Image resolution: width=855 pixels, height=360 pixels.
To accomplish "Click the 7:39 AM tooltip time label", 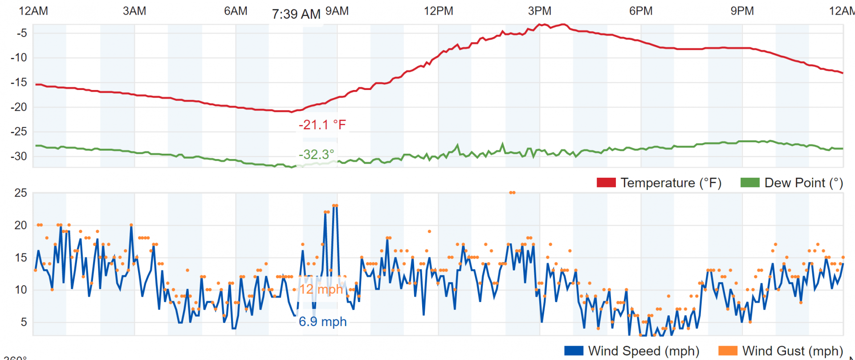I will click(296, 14).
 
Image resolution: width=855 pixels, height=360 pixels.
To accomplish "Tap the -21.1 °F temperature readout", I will click(322, 125).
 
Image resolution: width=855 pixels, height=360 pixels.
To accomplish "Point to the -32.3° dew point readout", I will click(316, 155).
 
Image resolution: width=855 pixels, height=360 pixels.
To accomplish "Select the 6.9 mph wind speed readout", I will click(322, 322).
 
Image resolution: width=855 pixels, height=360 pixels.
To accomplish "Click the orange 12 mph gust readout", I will click(321, 289).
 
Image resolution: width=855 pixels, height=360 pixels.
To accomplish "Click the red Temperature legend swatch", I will click(606, 183).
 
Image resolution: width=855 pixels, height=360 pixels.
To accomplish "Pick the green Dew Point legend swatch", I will click(750, 183).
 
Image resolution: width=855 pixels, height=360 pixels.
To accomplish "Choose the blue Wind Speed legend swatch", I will click(574, 351).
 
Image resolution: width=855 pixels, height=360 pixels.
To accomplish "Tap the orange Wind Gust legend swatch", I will click(728, 351).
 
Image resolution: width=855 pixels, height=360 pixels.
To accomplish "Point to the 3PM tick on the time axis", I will click(539, 11).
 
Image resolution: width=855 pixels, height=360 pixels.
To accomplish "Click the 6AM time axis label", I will click(236, 11).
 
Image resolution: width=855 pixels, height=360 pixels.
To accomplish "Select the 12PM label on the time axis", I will click(438, 11).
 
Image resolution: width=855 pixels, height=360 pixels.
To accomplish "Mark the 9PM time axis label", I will click(742, 11).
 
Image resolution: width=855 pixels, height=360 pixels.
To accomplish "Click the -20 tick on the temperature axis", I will click(19, 107).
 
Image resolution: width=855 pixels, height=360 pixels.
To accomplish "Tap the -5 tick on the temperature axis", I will click(21, 33).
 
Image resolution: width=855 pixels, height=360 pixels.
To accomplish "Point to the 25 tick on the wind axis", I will click(20, 193).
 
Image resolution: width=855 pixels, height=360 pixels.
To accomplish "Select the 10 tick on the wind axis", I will click(20, 290).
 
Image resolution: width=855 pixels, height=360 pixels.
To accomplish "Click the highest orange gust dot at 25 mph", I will click(512, 192).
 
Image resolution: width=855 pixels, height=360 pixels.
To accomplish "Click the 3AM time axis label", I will click(134, 11).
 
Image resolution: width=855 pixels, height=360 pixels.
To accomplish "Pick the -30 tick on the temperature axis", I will click(19, 156).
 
